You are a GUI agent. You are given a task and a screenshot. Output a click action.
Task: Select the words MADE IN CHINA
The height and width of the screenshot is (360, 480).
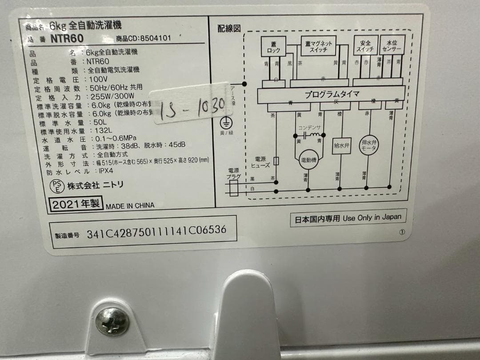point(130,206)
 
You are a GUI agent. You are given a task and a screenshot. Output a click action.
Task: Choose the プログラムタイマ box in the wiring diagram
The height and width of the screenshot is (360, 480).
point(332,94)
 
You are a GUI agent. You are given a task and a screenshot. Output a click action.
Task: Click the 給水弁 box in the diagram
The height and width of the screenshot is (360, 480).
point(341,145)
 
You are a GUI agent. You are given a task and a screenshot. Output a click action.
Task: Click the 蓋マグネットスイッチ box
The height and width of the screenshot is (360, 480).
point(318,47)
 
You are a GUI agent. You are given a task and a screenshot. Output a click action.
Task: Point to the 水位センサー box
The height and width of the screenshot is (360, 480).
point(392,46)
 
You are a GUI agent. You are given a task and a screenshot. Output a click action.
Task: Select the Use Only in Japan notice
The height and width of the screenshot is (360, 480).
point(348,218)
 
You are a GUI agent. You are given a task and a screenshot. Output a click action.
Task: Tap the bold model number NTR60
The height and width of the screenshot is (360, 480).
point(67,39)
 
